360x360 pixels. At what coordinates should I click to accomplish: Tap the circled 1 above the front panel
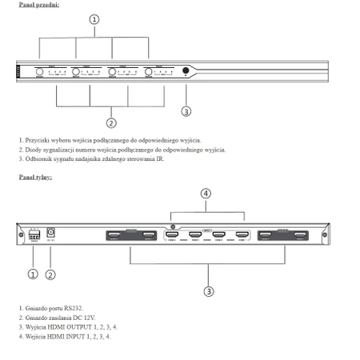click(x=94, y=18)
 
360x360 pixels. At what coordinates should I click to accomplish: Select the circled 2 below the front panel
click(x=111, y=122)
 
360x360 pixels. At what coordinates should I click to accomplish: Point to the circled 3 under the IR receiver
click(x=186, y=111)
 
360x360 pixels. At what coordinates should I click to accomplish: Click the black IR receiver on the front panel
click(x=186, y=71)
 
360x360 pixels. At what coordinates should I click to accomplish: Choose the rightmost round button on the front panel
click(x=150, y=71)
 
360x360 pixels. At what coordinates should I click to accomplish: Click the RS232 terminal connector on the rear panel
click(x=34, y=236)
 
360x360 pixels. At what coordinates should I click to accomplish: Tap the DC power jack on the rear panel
click(x=51, y=235)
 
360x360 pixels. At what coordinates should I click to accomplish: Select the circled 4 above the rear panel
click(x=206, y=194)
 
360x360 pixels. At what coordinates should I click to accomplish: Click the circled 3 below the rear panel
click(x=209, y=291)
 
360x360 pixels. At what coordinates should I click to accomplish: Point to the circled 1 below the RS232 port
click(x=33, y=274)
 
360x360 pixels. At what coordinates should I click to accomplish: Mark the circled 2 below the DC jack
click(x=50, y=274)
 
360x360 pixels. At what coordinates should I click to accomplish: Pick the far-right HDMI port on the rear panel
click(x=301, y=235)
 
